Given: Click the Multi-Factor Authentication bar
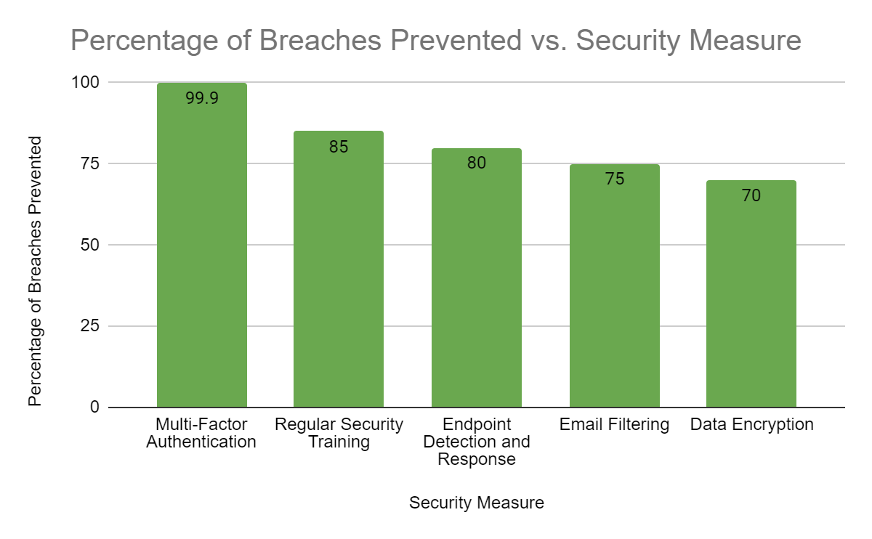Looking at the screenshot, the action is pos(202,246).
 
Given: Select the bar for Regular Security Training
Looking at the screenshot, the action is pos(339,269).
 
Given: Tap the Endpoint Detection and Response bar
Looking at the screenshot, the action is pos(477,278).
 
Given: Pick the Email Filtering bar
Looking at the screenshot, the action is pos(615,286).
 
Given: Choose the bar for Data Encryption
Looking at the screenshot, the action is pos(751,293).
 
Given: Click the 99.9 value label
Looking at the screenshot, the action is pos(202,97).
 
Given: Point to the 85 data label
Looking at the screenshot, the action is pos(339,147).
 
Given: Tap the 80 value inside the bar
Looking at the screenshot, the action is pos(477,163).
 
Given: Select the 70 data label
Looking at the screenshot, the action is pos(751,195).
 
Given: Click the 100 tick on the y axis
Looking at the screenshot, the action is pos(85,82).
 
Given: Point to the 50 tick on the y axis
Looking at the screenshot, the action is pos(90,245).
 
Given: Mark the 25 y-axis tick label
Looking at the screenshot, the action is pos(90,325).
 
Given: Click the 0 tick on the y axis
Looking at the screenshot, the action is pos(94,407).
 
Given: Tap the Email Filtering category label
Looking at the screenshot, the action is pos(614,424).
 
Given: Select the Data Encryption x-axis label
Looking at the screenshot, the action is pos(751,424).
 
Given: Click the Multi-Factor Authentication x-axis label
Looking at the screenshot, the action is pos(201,433).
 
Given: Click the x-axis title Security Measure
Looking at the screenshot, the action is pos(477,503).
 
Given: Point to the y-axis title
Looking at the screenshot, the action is pos(35,271).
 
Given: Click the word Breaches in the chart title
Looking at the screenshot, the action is pos(320,40).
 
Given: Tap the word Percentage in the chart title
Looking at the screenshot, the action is pos(144,41).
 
